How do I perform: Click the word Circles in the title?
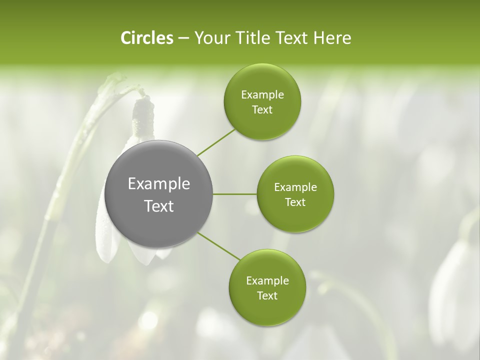click(x=147, y=38)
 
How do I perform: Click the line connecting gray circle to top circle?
click(x=216, y=143)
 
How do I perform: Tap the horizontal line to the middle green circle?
click(x=235, y=194)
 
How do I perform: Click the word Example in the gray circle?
click(x=159, y=184)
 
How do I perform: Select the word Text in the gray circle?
click(x=159, y=205)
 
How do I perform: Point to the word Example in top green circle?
click(x=262, y=95)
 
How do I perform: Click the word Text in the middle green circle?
click(x=295, y=202)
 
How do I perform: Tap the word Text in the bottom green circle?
click(x=267, y=295)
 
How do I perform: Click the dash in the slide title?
click(x=183, y=38)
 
